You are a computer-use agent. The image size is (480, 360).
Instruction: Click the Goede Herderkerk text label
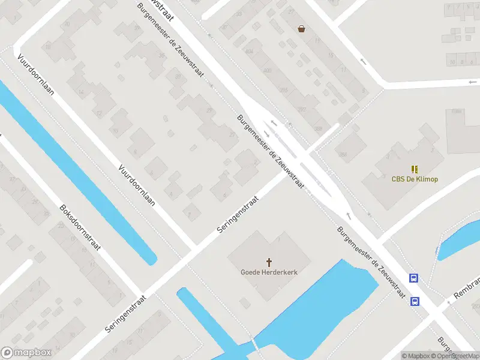[269, 272]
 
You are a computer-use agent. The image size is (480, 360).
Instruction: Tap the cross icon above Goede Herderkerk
[269, 262]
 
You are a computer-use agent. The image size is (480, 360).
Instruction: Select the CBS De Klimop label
[415, 179]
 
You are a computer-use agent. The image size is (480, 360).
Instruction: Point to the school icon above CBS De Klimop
[415, 169]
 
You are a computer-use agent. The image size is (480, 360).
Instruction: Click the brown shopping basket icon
[301, 28]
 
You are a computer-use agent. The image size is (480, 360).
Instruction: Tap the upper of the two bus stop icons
[414, 278]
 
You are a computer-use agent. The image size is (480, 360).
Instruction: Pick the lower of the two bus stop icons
[415, 301]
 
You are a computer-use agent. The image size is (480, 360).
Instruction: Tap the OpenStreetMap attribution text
[455, 356]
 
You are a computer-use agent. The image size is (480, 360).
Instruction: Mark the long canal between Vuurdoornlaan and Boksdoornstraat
[78, 174]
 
